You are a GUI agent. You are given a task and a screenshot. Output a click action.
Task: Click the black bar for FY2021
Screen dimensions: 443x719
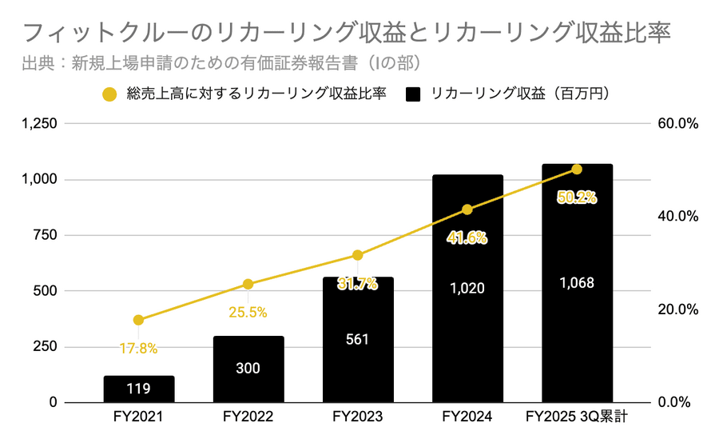point(138,389)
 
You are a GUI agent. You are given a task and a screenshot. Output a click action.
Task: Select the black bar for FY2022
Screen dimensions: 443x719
point(248,369)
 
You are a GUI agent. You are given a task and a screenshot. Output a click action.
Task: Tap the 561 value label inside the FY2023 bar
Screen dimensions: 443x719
point(358,339)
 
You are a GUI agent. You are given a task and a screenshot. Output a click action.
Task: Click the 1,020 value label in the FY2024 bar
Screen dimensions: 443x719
point(467,288)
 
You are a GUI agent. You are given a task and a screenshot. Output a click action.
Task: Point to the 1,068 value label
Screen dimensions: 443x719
point(577,283)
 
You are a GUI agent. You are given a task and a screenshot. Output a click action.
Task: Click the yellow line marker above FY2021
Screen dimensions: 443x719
point(138,320)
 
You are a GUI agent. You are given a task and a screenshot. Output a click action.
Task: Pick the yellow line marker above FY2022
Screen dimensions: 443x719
point(248,284)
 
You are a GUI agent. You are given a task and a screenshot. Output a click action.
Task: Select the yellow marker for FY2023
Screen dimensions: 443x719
point(358,255)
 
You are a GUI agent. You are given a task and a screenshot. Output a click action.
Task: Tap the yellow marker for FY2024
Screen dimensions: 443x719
point(467,210)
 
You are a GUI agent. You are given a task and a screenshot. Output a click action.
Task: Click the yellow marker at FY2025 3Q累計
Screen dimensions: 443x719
point(577,170)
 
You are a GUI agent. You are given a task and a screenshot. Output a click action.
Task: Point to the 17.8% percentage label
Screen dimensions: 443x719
point(138,348)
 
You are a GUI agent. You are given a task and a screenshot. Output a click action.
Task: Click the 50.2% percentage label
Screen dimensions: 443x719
point(577,198)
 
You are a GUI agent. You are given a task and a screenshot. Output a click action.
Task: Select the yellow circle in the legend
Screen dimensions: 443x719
point(110,94)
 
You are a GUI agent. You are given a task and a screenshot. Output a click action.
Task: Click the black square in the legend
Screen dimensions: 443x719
point(413,94)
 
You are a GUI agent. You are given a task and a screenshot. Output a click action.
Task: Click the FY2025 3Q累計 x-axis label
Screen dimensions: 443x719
point(577,417)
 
